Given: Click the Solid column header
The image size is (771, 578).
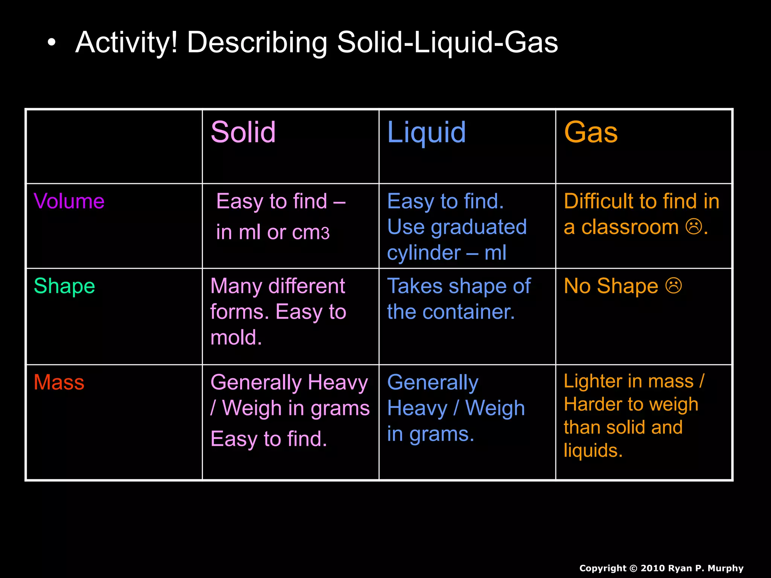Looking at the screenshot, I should pyautogui.click(x=243, y=132).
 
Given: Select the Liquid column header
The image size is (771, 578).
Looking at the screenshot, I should pyautogui.click(x=427, y=132).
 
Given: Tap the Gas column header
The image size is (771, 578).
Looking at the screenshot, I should pyautogui.click(x=591, y=132).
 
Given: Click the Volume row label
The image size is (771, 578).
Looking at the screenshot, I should pyautogui.click(x=69, y=201).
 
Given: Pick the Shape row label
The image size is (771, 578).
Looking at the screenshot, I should pyautogui.click(x=64, y=286).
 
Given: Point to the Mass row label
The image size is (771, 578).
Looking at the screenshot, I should pyautogui.click(x=59, y=382).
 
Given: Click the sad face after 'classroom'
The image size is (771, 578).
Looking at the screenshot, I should pyautogui.click(x=693, y=227).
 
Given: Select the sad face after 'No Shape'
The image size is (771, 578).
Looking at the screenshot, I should pyautogui.click(x=673, y=285).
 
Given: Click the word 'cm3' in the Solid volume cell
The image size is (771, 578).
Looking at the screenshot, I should pyautogui.click(x=311, y=233).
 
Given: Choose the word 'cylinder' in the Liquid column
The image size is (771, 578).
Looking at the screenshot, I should pyautogui.click(x=424, y=253).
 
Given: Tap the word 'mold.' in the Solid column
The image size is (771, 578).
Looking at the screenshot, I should pyautogui.click(x=236, y=338).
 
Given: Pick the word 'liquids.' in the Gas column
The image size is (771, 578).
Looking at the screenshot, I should pyautogui.click(x=593, y=450).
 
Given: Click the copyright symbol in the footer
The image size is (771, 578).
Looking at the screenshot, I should pyautogui.click(x=634, y=568).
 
